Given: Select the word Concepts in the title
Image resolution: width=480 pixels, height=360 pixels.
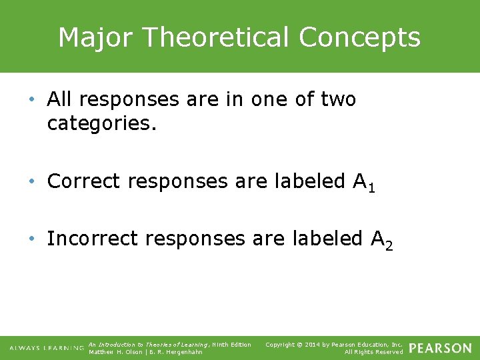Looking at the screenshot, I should point(360,37).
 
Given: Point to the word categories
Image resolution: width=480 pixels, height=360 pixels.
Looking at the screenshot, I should point(101,123).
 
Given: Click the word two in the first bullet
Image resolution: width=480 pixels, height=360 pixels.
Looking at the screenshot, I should point(338,99).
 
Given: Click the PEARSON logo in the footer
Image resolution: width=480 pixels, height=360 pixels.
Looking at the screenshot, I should point(440,348).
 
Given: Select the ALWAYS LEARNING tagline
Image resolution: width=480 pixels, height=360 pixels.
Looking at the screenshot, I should point(46,348).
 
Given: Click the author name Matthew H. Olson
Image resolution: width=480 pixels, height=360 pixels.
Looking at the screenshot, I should point(115,352).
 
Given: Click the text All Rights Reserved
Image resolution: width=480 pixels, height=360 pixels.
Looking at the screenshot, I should point(373,352).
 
